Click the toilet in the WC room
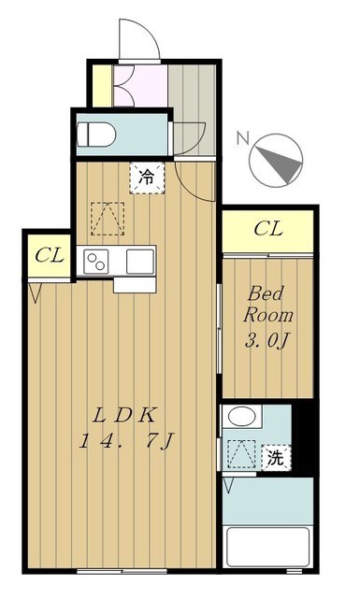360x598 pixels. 95,134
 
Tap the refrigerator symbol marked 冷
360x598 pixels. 147,178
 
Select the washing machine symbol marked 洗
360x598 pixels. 276,458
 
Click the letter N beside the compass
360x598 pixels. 243,137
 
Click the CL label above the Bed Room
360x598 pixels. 268,229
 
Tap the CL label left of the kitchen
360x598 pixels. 50,255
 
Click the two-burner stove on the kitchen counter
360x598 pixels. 96,262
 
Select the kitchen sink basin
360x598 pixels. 140,262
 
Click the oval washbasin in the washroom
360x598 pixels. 242,416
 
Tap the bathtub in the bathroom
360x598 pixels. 267,547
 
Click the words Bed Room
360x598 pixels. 268,305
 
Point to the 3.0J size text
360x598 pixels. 266,340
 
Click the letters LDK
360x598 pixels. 124,416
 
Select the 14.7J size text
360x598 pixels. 127,441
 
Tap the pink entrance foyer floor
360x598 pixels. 140,86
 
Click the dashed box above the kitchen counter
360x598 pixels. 108,219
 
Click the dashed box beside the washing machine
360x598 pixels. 241,454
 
